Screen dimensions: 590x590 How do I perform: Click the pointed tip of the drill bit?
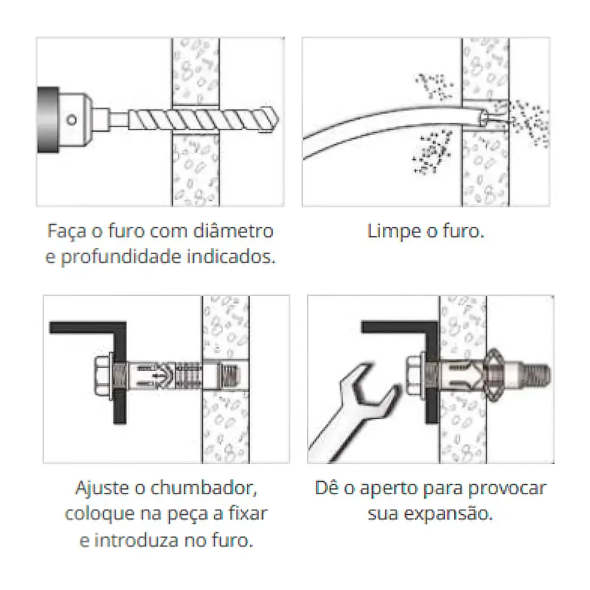tap(273, 122)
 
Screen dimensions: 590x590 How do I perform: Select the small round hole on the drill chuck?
tap(71, 121)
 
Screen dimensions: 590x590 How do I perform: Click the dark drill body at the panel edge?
tap(47, 121)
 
